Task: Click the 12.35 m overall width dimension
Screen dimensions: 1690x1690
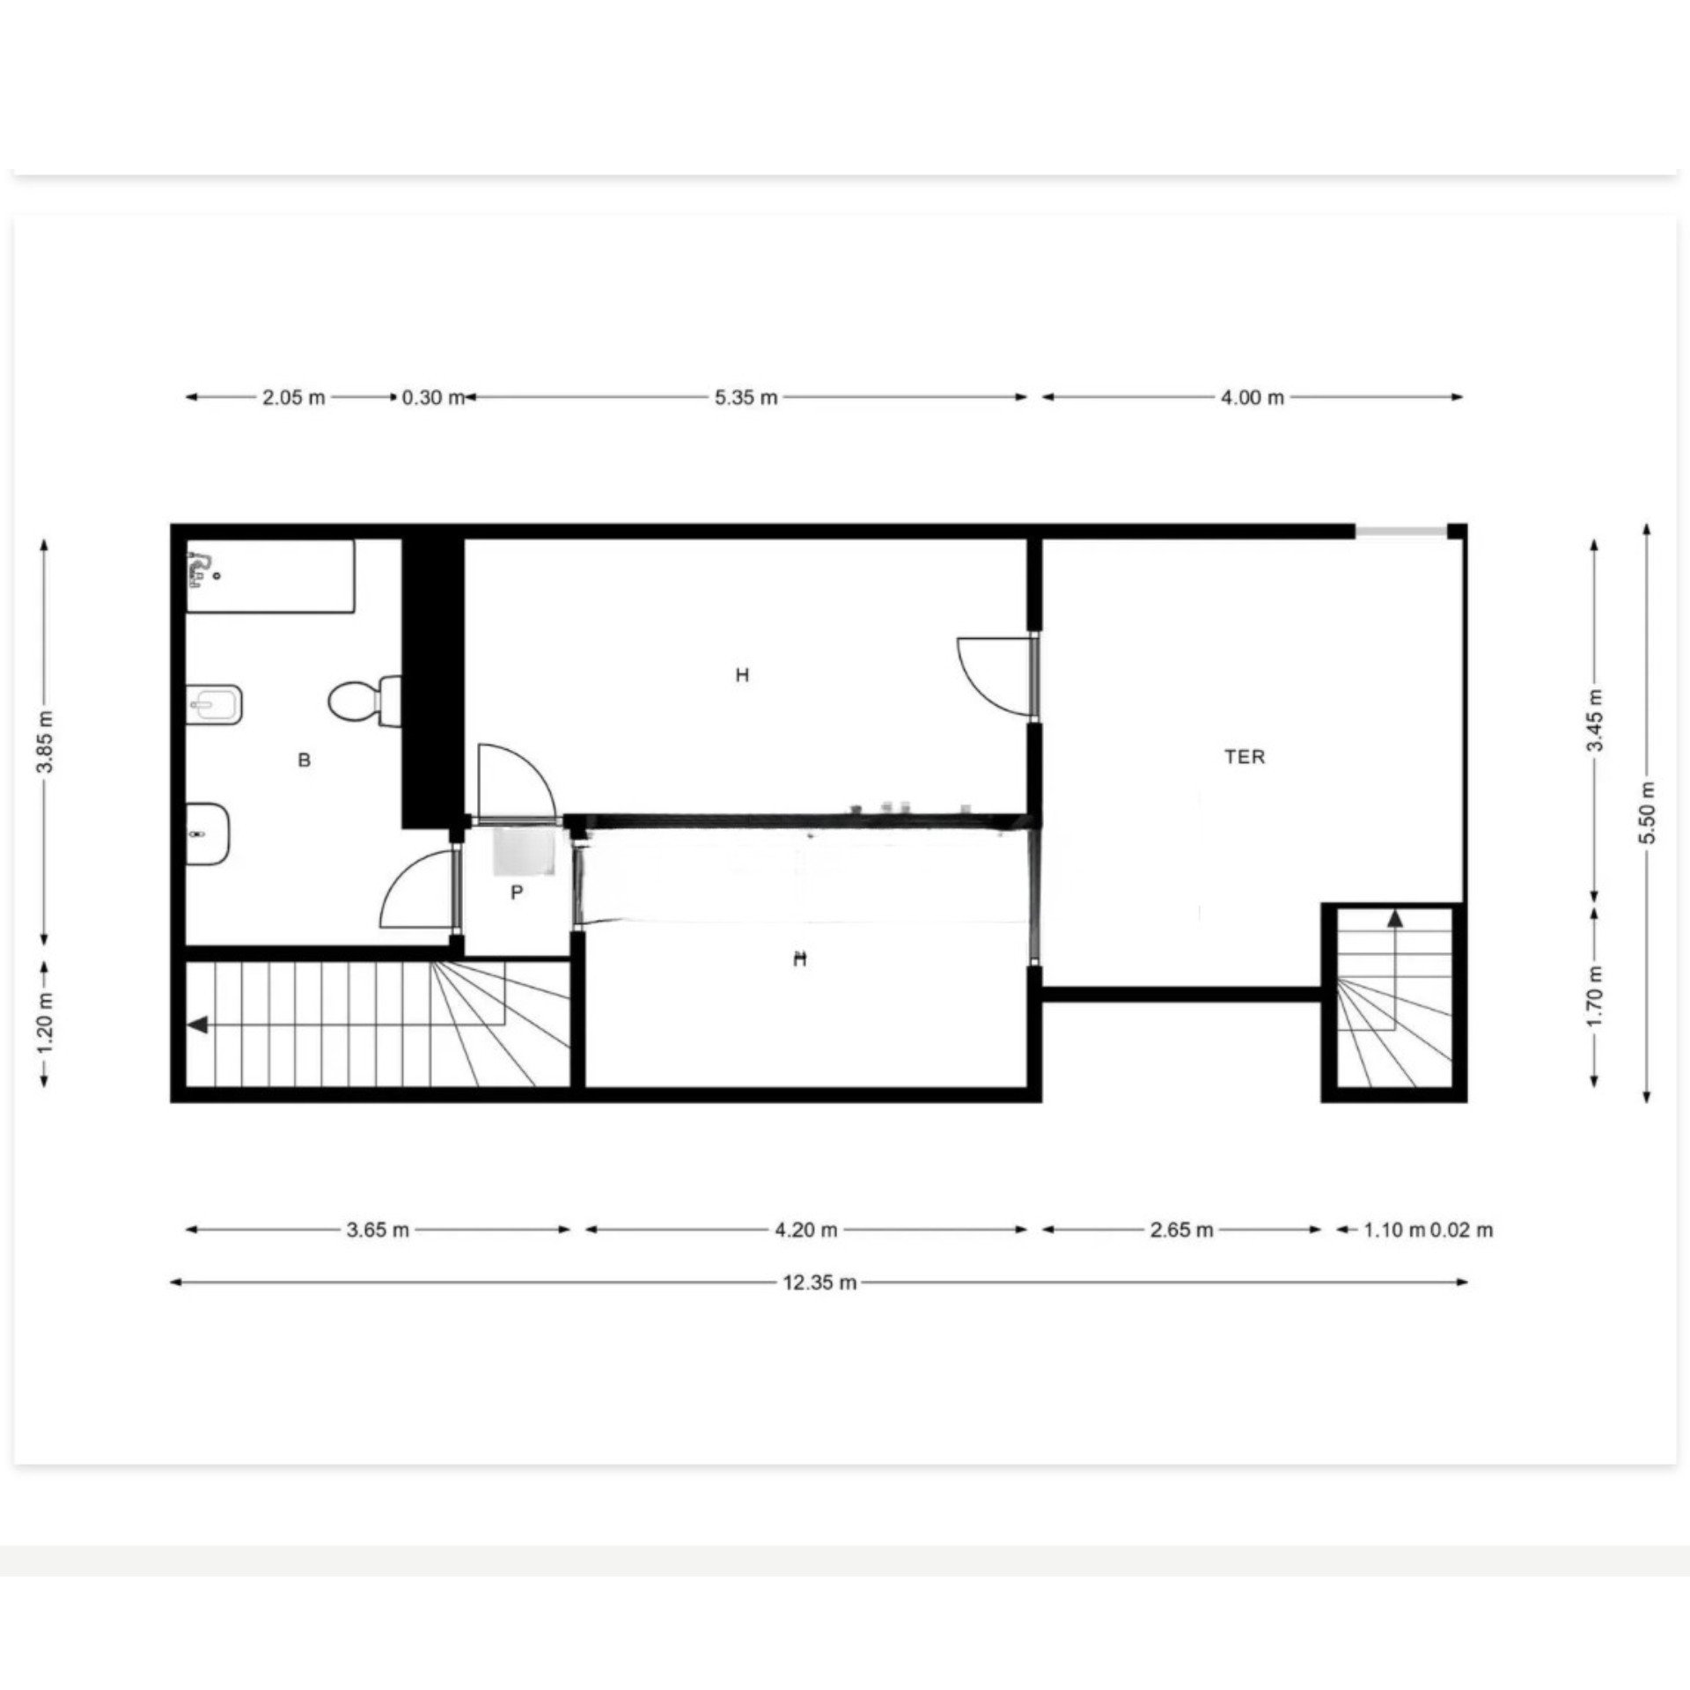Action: click(x=819, y=1282)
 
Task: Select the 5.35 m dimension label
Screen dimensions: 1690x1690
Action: click(x=746, y=397)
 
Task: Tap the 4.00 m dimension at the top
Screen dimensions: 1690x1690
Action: click(x=1252, y=397)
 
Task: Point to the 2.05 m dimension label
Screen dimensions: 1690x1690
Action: click(x=293, y=397)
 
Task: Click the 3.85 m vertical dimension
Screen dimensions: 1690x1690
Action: click(x=46, y=741)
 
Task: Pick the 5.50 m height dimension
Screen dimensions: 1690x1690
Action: click(x=1648, y=812)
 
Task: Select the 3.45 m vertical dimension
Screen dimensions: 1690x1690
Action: click(x=1594, y=720)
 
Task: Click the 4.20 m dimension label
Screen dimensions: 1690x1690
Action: click(x=805, y=1230)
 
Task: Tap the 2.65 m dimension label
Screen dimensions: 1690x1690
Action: click(x=1181, y=1230)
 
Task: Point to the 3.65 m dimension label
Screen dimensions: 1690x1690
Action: click(x=378, y=1230)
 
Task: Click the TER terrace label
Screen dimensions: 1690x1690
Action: click(x=1245, y=756)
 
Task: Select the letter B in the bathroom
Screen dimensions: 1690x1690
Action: click(x=305, y=760)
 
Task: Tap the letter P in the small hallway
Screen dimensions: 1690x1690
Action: click(x=517, y=893)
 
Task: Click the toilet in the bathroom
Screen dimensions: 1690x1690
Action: click(x=364, y=701)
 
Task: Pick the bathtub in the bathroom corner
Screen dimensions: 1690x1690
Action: click(x=270, y=576)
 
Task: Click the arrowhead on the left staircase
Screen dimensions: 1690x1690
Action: click(x=198, y=1025)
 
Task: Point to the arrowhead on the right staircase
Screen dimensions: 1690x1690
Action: click(x=1395, y=919)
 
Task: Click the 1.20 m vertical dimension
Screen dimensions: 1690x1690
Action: click(x=46, y=1023)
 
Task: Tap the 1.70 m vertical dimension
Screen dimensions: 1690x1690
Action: click(x=1594, y=996)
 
